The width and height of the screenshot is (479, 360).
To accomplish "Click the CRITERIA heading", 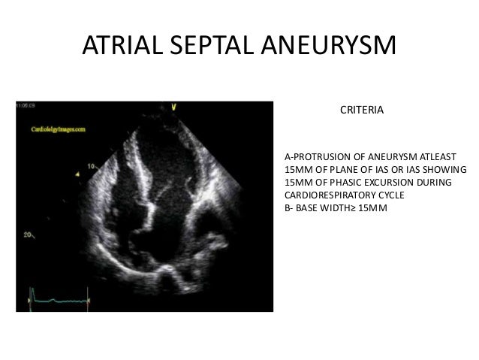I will coord(362,110).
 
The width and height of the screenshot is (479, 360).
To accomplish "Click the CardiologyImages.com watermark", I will coord(58,129).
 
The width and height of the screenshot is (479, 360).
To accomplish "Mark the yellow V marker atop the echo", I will coord(173,106).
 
